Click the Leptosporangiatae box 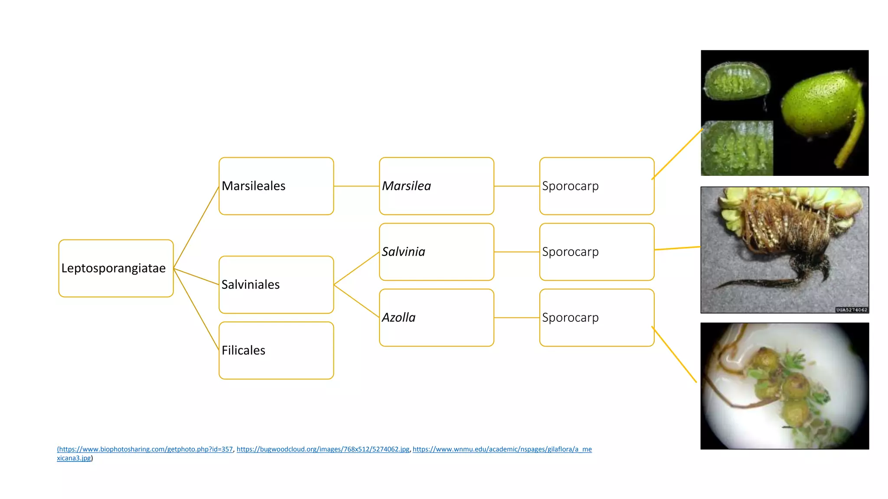(x=116, y=268)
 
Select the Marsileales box (x=276, y=186)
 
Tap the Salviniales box (x=276, y=285)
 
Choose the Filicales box (x=276, y=350)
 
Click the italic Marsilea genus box (x=437, y=186)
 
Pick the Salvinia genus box (x=437, y=252)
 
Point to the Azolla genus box (x=437, y=318)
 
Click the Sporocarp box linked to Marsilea (x=597, y=186)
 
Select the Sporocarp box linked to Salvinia (x=597, y=252)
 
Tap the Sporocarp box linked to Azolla (x=597, y=318)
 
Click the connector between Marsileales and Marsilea (x=356, y=186)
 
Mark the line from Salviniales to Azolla (x=356, y=301)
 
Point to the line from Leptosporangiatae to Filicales (x=196, y=309)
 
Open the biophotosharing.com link (x=145, y=449)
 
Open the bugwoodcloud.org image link (x=323, y=449)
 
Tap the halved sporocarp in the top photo (x=737, y=81)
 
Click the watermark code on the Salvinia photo (x=852, y=310)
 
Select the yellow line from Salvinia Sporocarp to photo (x=677, y=248)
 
